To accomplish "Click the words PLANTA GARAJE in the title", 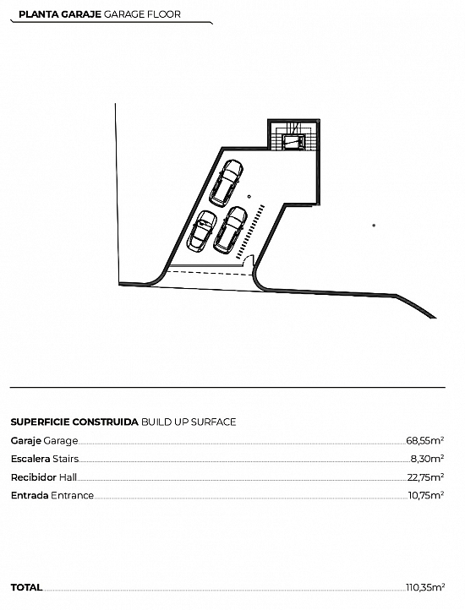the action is pyautogui.click(x=60, y=14).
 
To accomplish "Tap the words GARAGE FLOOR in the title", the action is pyautogui.click(x=143, y=14).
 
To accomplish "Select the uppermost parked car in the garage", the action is pyautogui.click(x=227, y=182).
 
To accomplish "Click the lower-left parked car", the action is pyautogui.click(x=203, y=231).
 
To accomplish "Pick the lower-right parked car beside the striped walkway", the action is pyautogui.click(x=231, y=230).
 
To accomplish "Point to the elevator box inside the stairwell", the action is pyautogui.click(x=293, y=142).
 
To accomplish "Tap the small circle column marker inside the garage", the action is pyautogui.click(x=249, y=197).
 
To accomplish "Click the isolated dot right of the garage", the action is pyautogui.click(x=374, y=226).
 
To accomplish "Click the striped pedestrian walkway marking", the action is pyautogui.click(x=250, y=231).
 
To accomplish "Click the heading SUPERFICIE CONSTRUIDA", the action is pyautogui.click(x=74, y=422).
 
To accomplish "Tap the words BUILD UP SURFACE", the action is pyautogui.click(x=189, y=422).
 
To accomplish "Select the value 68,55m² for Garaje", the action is pyautogui.click(x=425, y=440).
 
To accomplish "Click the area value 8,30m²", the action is pyautogui.click(x=428, y=459).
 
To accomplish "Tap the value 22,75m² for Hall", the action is pyautogui.click(x=426, y=477).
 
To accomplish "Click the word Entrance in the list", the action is pyautogui.click(x=73, y=495).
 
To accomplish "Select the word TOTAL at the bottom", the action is pyautogui.click(x=26, y=587).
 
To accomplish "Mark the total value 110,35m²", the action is pyautogui.click(x=425, y=587).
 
